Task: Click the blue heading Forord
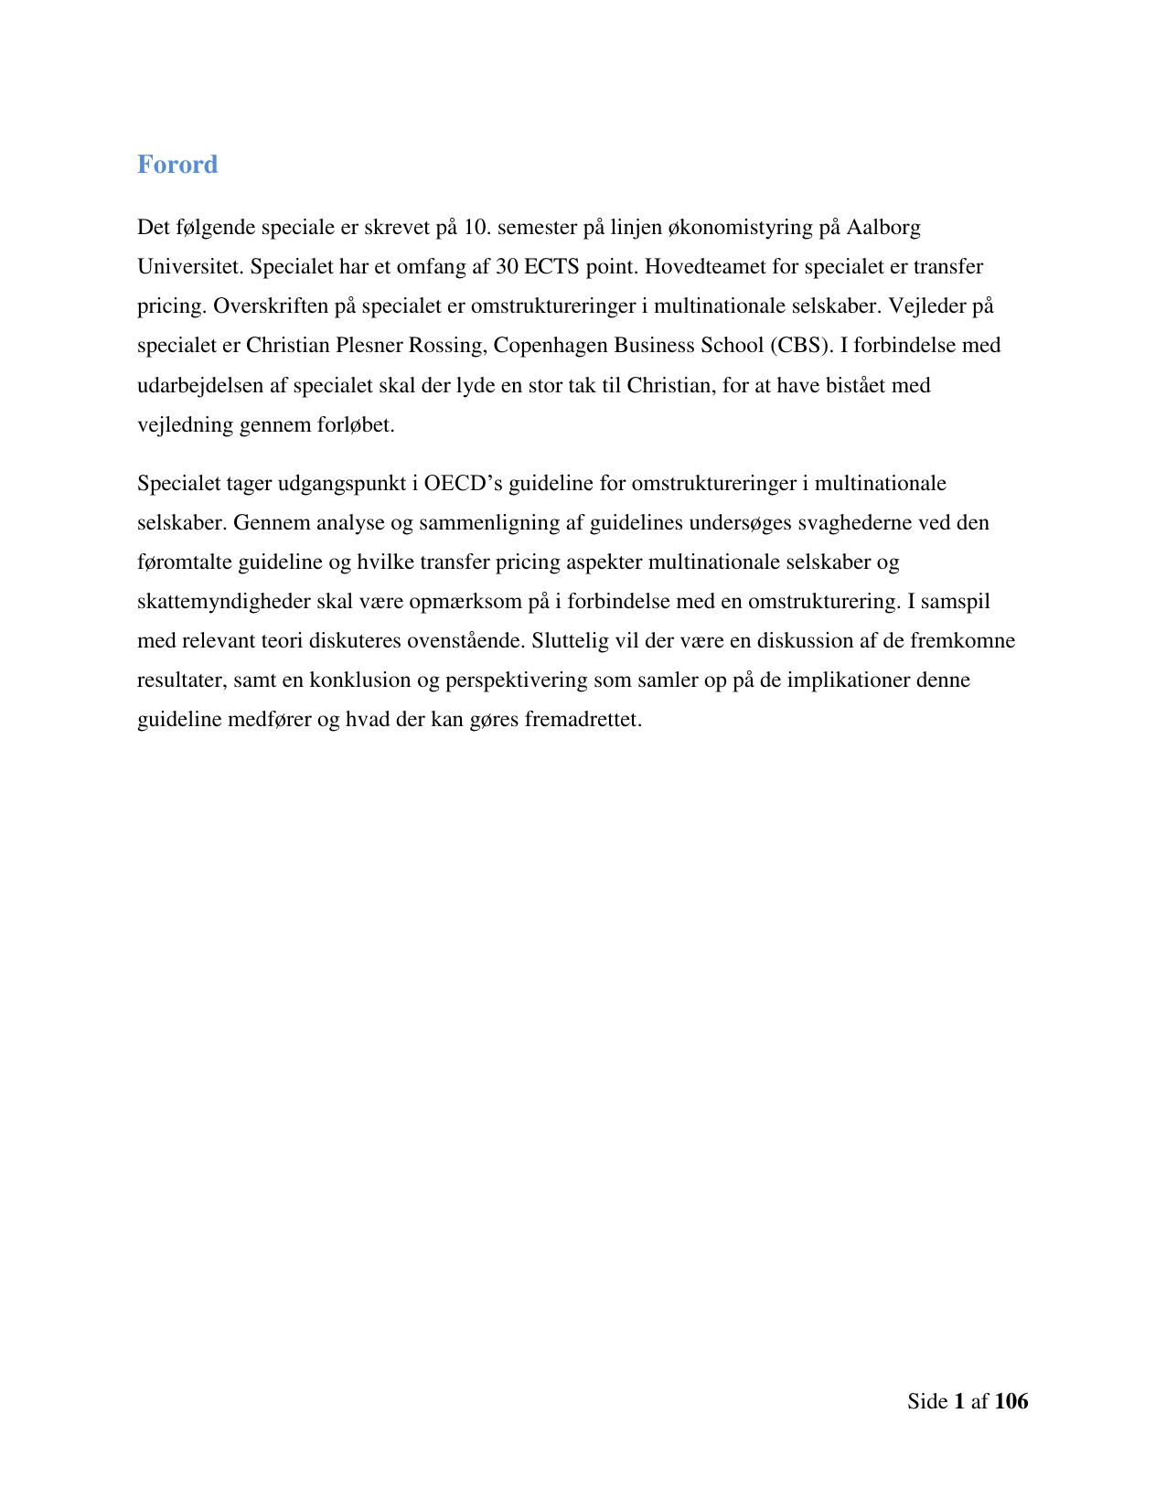point(177,165)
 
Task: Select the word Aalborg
point(883,227)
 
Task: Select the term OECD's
point(464,483)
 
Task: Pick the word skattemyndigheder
point(224,602)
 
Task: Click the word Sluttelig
point(570,641)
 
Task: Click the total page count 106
point(1011,1401)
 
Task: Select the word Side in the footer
point(927,1401)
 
